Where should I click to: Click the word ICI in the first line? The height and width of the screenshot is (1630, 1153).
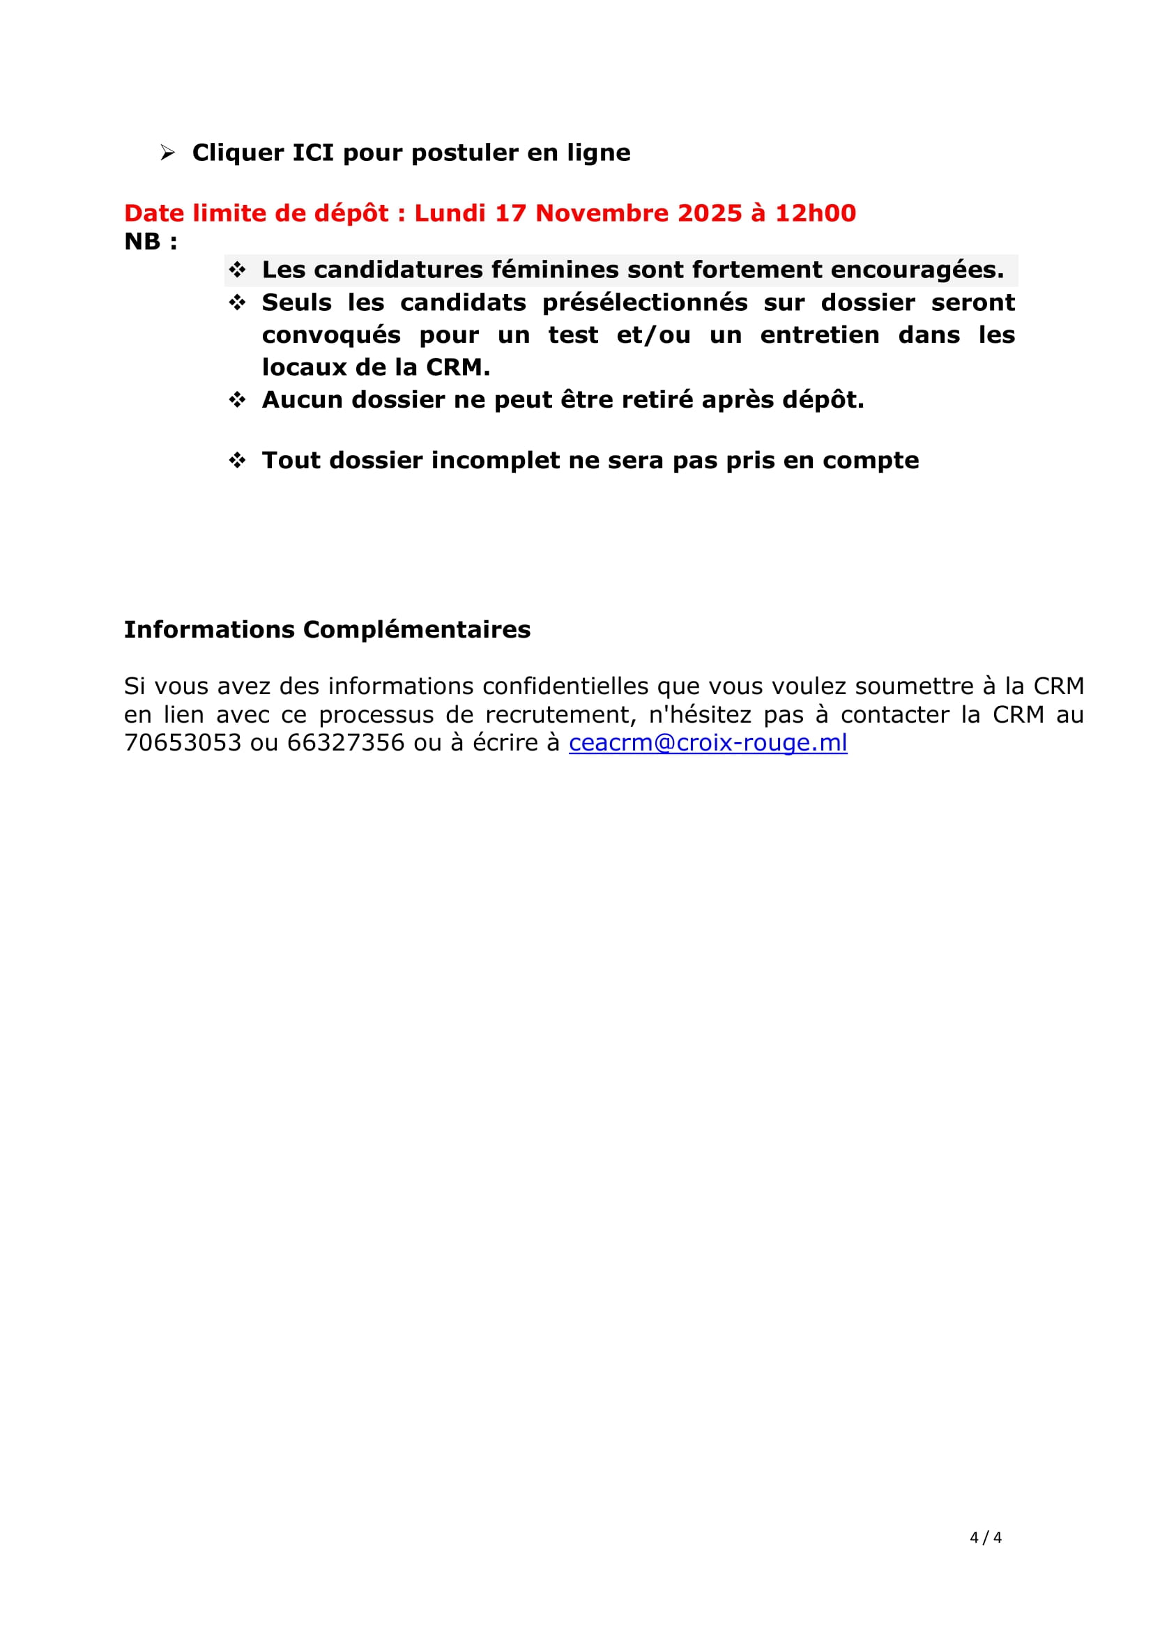[x=312, y=153]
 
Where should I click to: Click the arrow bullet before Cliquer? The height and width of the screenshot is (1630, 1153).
[x=167, y=153]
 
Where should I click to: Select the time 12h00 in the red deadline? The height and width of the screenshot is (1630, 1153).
[x=815, y=213]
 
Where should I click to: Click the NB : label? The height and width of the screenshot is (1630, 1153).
[x=151, y=241]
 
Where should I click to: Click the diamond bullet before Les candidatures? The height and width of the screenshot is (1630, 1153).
[x=237, y=270]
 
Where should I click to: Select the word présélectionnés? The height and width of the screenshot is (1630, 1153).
[x=645, y=302]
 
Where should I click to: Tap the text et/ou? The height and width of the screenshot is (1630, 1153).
[x=653, y=335]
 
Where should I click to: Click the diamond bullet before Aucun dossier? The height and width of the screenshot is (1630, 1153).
[x=237, y=400]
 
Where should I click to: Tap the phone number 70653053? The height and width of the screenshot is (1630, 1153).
[x=183, y=743]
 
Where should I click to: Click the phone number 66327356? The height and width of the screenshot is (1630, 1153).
[x=346, y=743]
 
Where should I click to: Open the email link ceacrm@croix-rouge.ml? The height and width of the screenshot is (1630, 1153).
[x=708, y=743]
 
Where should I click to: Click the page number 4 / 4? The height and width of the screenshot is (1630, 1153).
[x=986, y=1538]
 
